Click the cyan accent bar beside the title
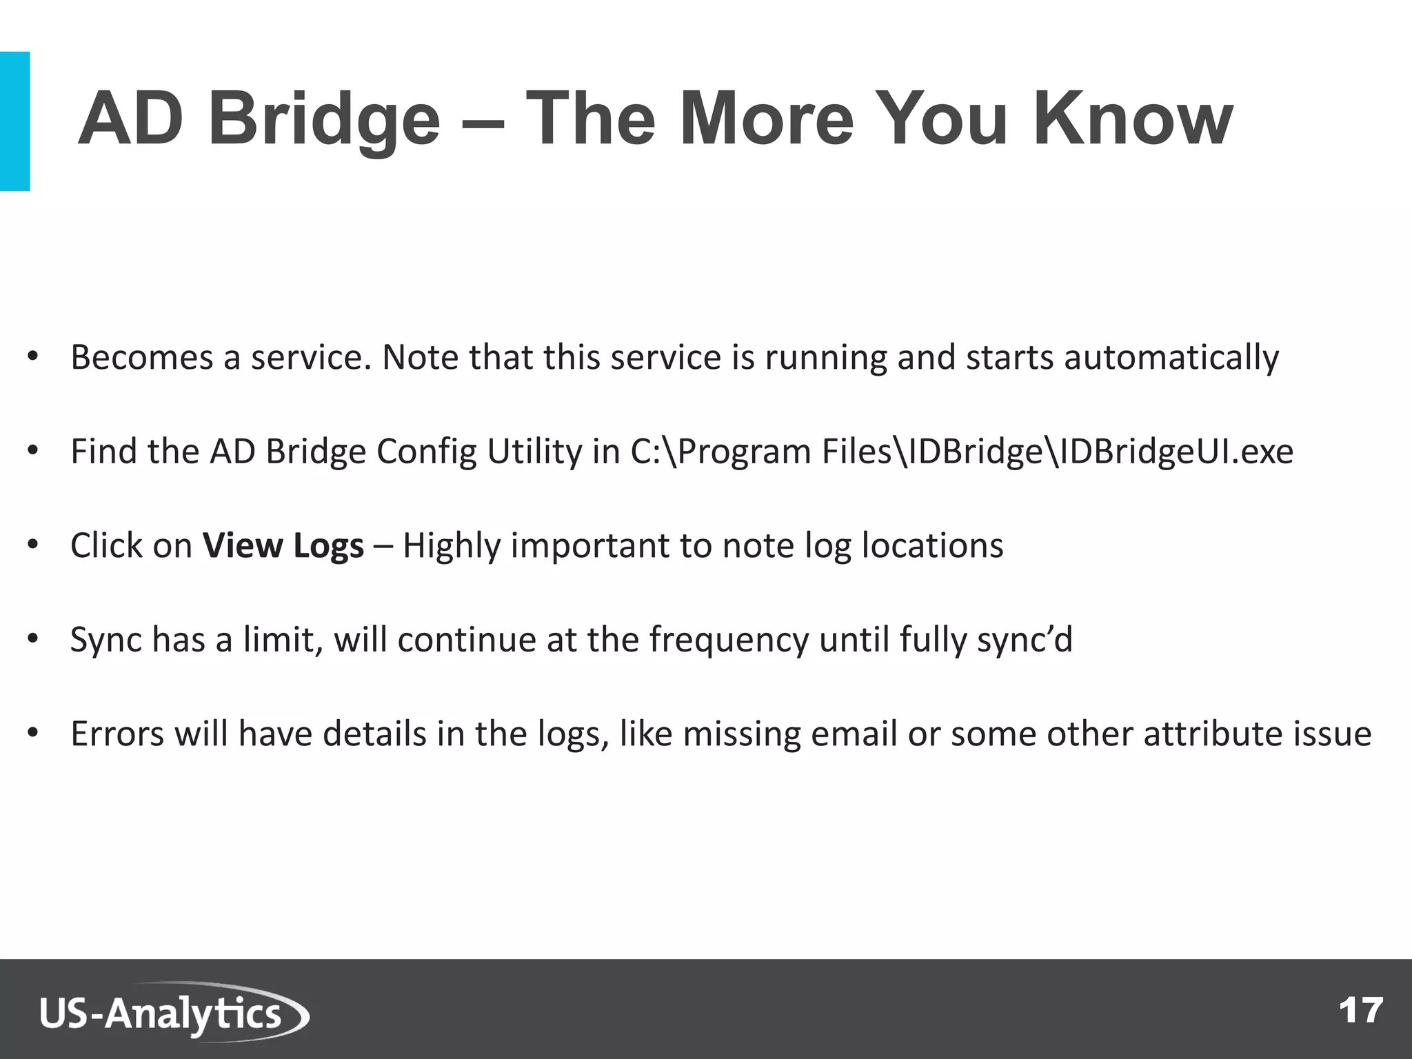pos(14,121)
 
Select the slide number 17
pos(1360,1011)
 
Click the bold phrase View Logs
pos(283,546)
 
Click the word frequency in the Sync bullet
pos(728,640)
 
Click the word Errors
pos(117,734)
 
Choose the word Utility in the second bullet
pos(534,452)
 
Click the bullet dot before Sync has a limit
pos(32,638)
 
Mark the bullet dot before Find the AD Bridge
pos(32,451)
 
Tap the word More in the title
pos(766,121)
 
